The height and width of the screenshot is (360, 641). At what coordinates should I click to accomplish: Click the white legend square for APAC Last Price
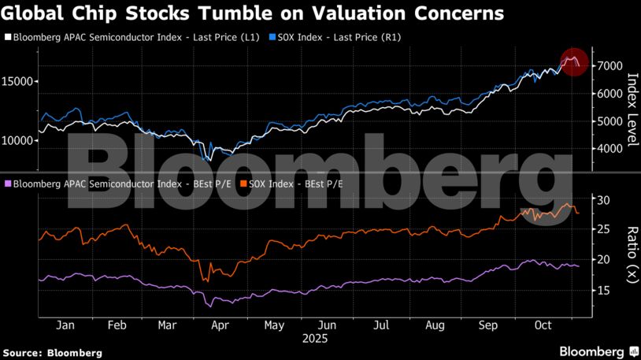[9, 37]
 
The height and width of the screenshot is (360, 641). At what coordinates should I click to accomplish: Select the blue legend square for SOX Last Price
[272, 37]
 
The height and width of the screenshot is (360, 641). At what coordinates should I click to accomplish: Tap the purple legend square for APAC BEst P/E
[9, 184]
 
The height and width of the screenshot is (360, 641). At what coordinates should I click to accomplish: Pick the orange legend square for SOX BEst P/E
[243, 184]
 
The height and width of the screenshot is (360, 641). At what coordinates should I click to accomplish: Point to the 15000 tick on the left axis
[18, 82]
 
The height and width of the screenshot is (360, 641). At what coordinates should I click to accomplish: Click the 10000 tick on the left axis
[18, 141]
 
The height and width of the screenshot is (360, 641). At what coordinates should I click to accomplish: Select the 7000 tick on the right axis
[611, 66]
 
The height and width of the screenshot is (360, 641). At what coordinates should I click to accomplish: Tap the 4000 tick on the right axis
[611, 149]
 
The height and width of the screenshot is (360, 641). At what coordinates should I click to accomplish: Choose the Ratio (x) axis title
[632, 254]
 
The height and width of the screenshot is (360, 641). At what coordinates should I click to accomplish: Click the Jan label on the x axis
[65, 325]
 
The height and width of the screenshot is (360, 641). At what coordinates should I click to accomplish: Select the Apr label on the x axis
[221, 325]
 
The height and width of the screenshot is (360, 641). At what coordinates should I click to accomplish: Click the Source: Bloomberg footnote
[52, 353]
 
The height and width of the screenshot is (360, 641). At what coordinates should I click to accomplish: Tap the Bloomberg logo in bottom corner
[598, 351]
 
